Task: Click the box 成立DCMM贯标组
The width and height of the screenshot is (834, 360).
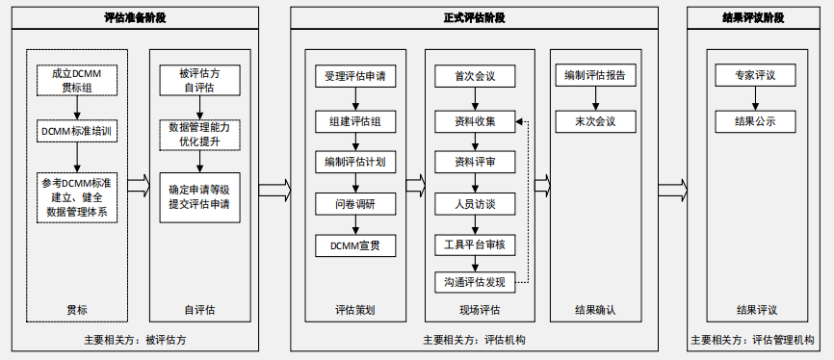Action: click(x=77, y=80)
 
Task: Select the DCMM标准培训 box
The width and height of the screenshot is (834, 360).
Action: click(x=77, y=131)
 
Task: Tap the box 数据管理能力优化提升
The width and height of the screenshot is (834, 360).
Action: click(x=200, y=135)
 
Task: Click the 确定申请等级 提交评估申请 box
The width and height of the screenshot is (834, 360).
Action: click(x=200, y=197)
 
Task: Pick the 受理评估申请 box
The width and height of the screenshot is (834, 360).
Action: click(x=355, y=76)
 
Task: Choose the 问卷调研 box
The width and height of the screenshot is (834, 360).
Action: click(x=355, y=204)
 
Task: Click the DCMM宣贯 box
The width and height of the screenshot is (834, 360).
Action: click(x=355, y=245)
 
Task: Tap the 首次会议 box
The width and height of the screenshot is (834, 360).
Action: click(x=475, y=76)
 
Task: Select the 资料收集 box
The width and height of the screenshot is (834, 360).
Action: click(x=475, y=121)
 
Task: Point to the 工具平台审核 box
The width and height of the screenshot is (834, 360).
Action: click(x=475, y=245)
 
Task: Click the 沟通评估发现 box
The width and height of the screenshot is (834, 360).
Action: click(x=475, y=282)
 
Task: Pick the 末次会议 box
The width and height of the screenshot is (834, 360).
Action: click(x=596, y=121)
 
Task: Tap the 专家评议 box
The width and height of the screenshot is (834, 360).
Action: click(x=755, y=75)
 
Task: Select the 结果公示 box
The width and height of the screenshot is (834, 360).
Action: click(x=755, y=121)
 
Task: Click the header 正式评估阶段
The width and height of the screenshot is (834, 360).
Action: click(x=475, y=18)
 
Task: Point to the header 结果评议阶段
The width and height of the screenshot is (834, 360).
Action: click(x=753, y=18)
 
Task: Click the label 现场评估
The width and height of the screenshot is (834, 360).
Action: click(x=480, y=310)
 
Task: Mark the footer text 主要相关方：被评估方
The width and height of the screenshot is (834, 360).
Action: click(x=135, y=340)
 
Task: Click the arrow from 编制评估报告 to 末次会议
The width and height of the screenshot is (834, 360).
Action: click(x=596, y=99)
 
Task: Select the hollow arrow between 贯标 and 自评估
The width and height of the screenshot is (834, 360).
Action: click(x=139, y=186)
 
